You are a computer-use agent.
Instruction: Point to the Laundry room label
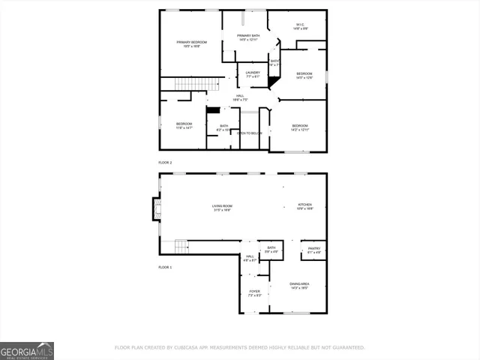pyautogui.click(x=253, y=74)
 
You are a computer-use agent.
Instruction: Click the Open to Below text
pyautogui.click(x=250, y=133)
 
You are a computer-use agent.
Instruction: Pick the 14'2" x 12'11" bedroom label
pyautogui.click(x=300, y=127)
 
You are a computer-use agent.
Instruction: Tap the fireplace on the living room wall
pyautogui.click(x=156, y=208)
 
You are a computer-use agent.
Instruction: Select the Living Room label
pyautogui.click(x=221, y=208)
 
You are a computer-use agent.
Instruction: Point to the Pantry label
pyautogui.click(x=314, y=250)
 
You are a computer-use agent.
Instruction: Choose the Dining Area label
pyautogui.click(x=299, y=285)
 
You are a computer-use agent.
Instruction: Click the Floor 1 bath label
pyautogui.click(x=271, y=250)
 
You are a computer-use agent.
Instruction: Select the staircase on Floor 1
pyautogui.click(x=181, y=246)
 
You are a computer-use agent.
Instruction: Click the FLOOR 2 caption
pyautogui.click(x=165, y=163)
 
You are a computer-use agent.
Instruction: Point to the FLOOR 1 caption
pyautogui.click(x=165, y=267)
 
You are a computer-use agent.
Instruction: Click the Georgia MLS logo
pyautogui.click(x=27, y=350)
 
